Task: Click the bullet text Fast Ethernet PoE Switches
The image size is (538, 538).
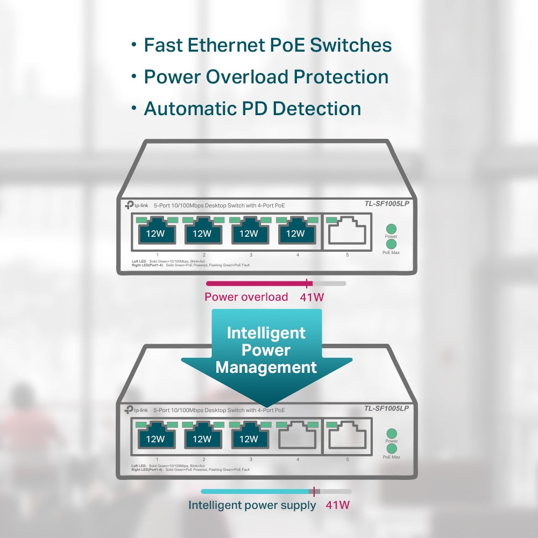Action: click(x=267, y=45)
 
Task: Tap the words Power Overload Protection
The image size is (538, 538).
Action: click(x=266, y=77)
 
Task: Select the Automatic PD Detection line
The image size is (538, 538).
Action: click(x=252, y=109)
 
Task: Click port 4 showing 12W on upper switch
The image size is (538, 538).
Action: click(x=295, y=232)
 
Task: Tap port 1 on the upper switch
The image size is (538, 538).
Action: click(x=155, y=232)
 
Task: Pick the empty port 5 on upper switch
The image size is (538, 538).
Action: click(x=347, y=232)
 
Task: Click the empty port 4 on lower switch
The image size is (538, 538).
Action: click(x=298, y=437)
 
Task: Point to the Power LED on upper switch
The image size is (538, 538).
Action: click(x=391, y=228)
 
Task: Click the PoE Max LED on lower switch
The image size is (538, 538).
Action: click(x=391, y=448)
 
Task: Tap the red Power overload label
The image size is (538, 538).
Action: click(x=246, y=297)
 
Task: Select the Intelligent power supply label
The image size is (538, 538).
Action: click(x=252, y=505)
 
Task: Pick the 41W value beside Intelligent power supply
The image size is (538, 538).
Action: click(x=338, y=505)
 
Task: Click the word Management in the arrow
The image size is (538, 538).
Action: click(x=266, y=367)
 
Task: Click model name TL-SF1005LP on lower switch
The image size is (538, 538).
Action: click(x=386, y=408)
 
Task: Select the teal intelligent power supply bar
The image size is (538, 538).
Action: click(x=256, y=491)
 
